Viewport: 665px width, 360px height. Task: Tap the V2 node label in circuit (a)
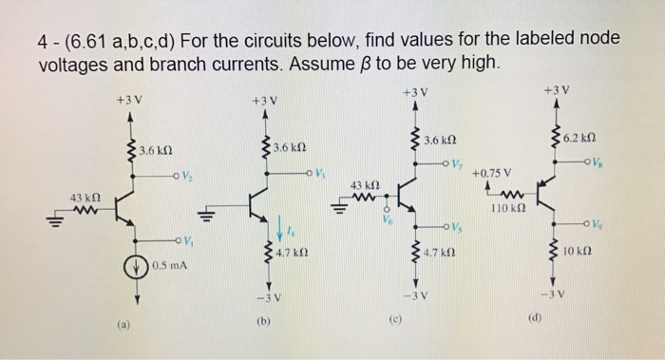point(188,177)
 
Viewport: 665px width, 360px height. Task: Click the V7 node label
point(459,164)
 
